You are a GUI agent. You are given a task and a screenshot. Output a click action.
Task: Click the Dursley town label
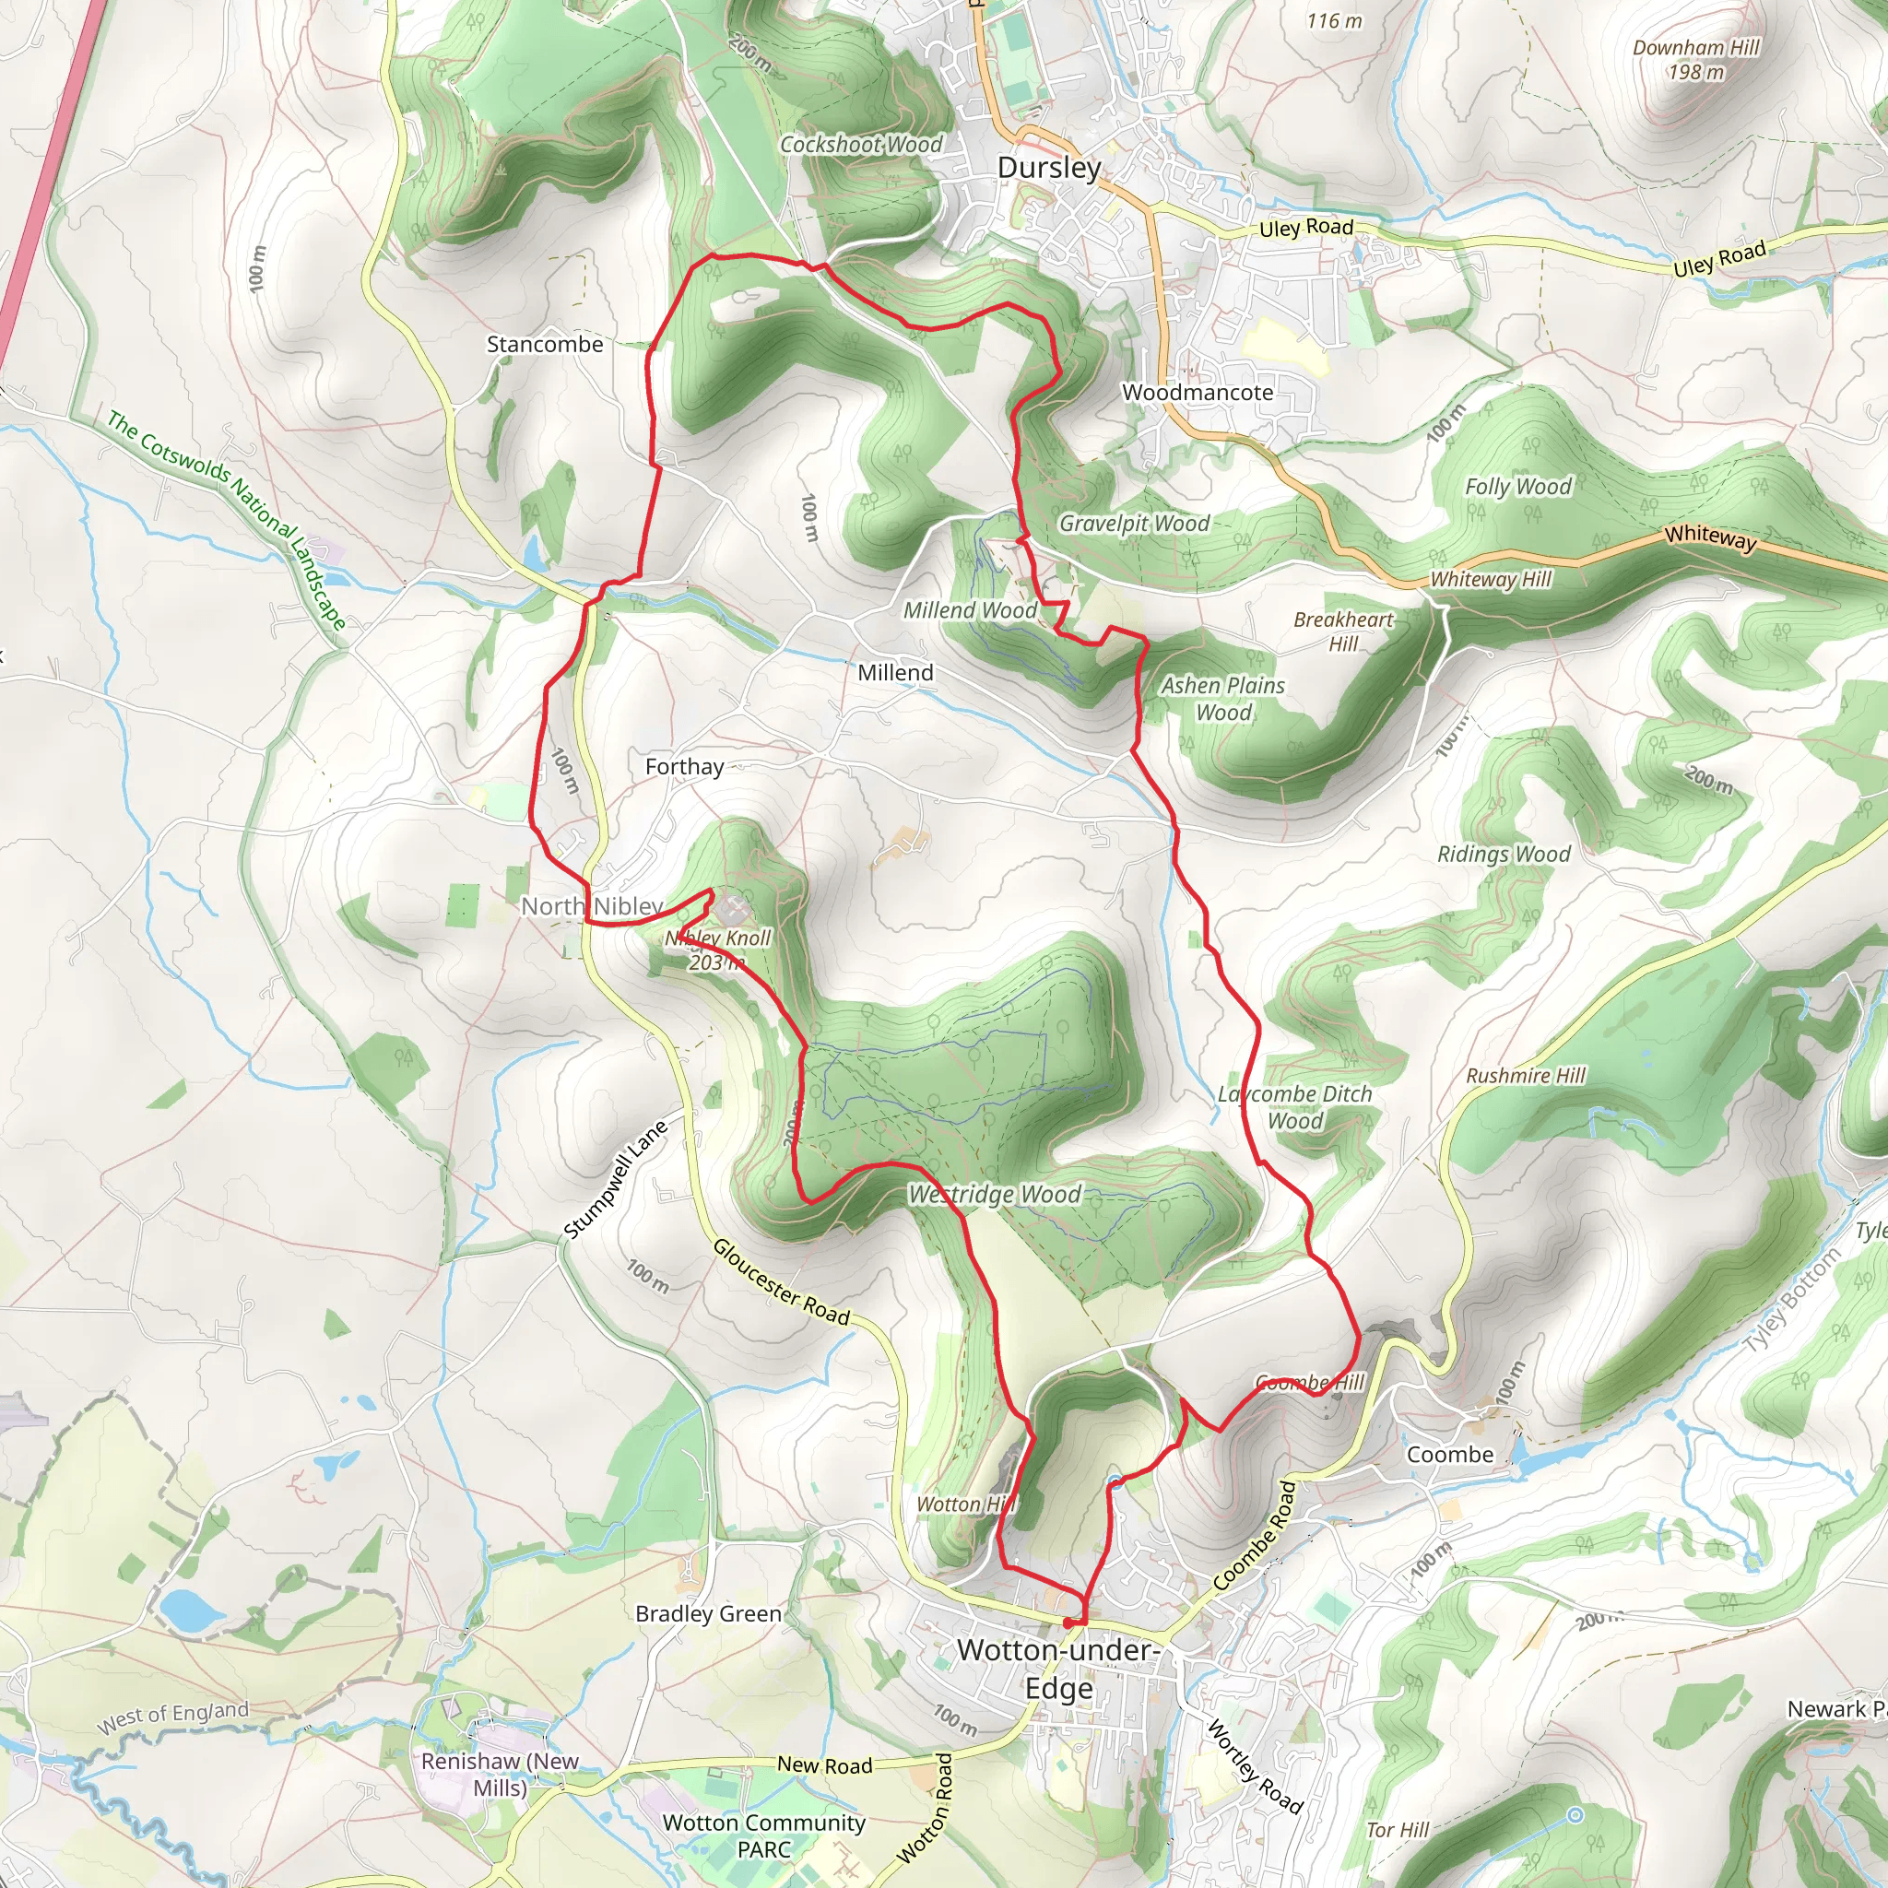(1048, 168)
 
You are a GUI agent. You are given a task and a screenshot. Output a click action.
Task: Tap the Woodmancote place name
(1198, 393)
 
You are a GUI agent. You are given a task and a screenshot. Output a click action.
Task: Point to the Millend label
(895, 673)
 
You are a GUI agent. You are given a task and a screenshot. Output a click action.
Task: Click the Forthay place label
(684, 767)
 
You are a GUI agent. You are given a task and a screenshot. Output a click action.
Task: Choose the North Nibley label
(591, 907)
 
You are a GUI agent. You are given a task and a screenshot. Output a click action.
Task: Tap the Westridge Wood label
(995, 1194)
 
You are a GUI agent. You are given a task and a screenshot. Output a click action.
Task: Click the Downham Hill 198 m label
(1695, 60)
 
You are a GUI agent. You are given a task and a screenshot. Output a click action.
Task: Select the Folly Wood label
(1517, 487)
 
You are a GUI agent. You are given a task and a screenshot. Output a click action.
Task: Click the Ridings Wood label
(1503, 854)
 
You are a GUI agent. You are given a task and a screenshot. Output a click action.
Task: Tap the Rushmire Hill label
(1526, 1076)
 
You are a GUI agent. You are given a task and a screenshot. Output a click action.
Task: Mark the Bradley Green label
(709, 1614)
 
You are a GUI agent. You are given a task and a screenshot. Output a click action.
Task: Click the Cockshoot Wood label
(861, 145)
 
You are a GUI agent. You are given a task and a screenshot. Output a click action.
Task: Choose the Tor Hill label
(1398, 1830)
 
